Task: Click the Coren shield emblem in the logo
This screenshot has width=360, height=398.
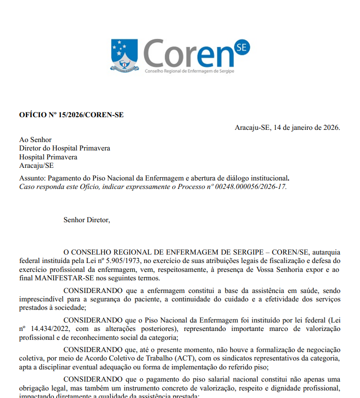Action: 125,56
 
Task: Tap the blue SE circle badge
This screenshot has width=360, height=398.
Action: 243,47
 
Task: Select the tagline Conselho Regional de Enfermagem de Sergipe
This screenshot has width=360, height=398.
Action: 190,71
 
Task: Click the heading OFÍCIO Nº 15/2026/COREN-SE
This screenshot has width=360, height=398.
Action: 71,115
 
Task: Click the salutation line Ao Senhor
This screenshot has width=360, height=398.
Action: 35,140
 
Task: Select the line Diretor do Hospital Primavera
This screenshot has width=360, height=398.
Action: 65,148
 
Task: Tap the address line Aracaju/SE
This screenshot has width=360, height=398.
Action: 37,165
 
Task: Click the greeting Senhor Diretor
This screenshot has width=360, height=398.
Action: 87,219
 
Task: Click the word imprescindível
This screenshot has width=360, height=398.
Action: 42,299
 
